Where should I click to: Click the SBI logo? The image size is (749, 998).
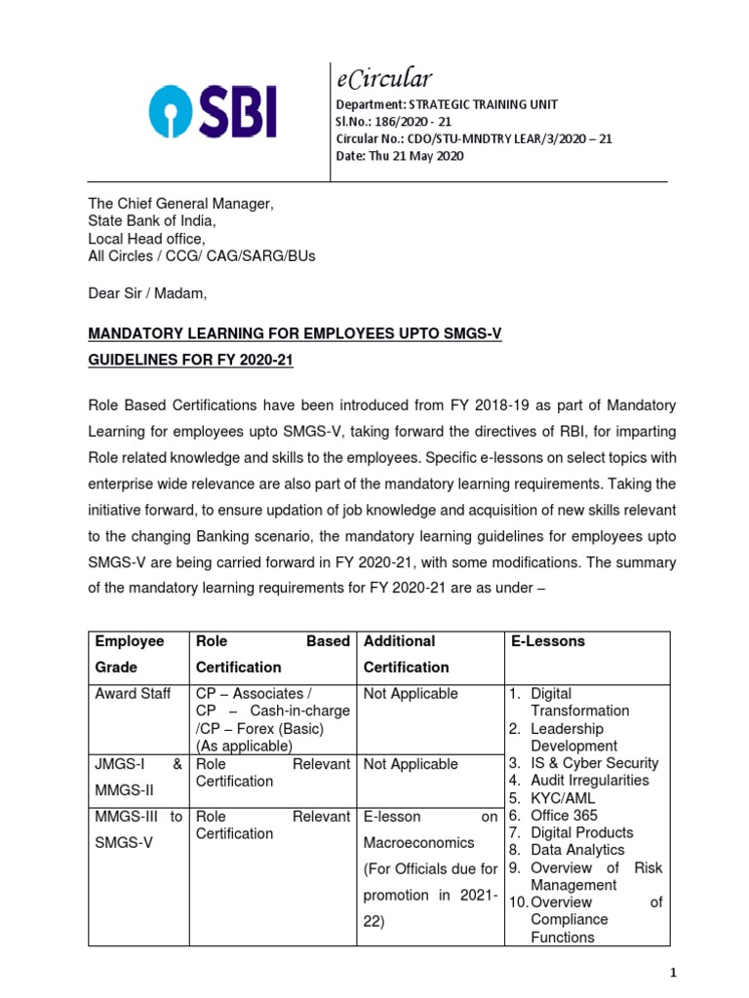click(213, 110)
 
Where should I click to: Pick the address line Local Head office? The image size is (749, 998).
click(147, 239)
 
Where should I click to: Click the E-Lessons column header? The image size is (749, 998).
click(548, 641)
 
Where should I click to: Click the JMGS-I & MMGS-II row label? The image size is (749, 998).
click(138, 777)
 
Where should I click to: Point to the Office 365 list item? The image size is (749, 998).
click(565, 816)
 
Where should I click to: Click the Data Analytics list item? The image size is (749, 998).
click(578, 850)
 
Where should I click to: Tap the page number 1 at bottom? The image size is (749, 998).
click(673, 973)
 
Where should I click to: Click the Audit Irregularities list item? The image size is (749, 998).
click(590, 781)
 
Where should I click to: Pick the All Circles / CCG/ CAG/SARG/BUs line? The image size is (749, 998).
click(202, 256)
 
